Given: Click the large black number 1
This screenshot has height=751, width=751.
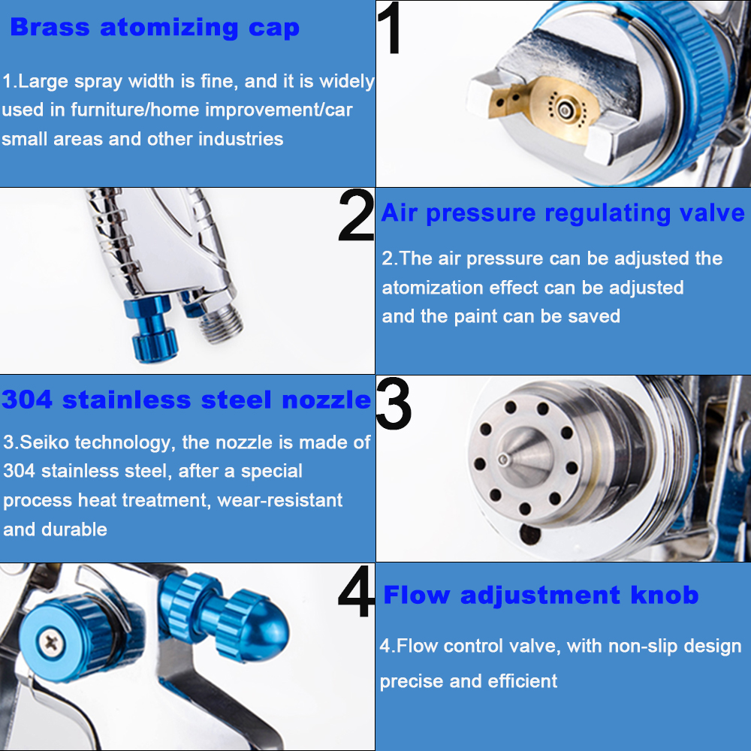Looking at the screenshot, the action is click(x=389, y=28).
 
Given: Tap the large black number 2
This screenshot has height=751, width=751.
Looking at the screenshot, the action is click(x=356, y=215).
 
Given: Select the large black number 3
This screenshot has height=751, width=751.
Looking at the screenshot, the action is click(x=394, y=403).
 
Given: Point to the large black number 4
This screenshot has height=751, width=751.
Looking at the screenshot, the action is click(x=356, y=591).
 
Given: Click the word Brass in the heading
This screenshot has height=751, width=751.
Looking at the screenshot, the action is click(x=50, y=27).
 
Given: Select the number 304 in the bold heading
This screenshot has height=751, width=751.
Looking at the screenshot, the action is click(x=27, y=400).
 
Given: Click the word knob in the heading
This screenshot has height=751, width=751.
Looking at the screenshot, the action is click(x=665, y=595).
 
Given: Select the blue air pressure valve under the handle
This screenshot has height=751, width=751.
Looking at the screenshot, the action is click(x=153, y=328).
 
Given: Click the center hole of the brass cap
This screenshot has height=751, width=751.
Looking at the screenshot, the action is click(x=566, y=110).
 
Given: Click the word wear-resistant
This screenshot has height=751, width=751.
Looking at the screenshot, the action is click(x=279, y=500).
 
